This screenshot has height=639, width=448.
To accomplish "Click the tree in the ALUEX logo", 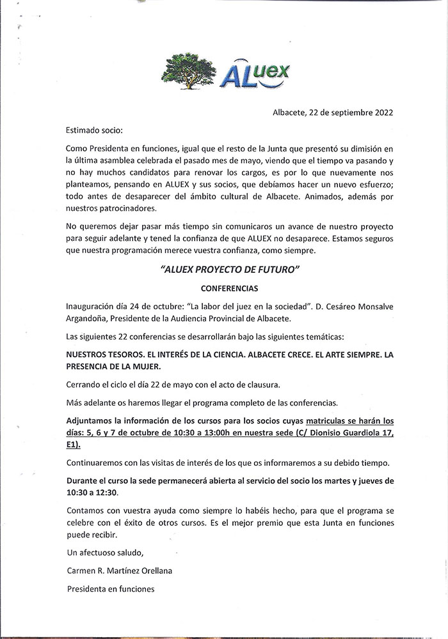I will pos(189,71).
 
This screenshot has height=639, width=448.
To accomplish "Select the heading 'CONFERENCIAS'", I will pos(228,288).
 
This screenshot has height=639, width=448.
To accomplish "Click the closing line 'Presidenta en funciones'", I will pos(111,589).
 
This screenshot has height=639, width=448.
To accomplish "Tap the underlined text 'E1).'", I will pos(75,444).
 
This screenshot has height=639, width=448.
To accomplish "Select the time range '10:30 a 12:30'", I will pos(93,493).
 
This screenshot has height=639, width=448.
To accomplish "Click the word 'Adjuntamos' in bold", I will pos(91,420).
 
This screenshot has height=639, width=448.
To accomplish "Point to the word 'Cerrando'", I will pos(84,385).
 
